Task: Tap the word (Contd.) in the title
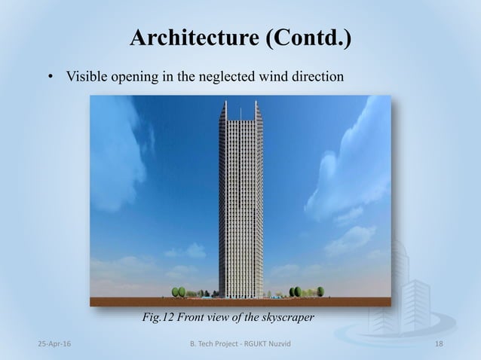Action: [306, 38]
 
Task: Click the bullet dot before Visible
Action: [51, 77]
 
